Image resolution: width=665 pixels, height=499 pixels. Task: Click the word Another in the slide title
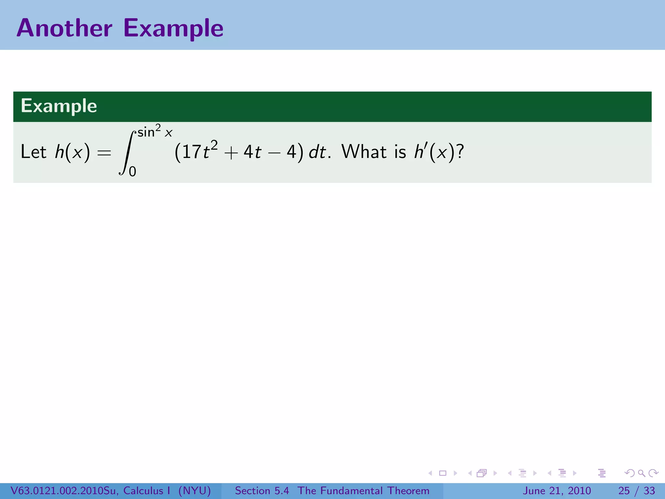point(64,28)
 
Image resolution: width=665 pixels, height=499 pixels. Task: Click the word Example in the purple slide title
point(173,29)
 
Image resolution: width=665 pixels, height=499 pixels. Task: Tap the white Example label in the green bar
point(59,106)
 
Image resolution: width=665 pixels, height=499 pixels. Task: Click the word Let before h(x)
point(33,152)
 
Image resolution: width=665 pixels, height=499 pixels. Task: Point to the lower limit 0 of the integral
point(132,172)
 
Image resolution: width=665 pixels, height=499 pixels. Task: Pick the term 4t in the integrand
point(252,152)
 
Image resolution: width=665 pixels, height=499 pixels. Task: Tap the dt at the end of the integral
point(317,152)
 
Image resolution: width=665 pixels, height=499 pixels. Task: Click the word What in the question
point(364,152)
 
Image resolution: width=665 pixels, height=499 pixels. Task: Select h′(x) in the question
point(435,152)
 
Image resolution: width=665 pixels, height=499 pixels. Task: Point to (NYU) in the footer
point(194,491)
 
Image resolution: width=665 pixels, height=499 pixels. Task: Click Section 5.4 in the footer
point(262,491)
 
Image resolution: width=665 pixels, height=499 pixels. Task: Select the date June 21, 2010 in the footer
point(557,491)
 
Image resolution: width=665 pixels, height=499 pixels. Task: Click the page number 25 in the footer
point(624,491)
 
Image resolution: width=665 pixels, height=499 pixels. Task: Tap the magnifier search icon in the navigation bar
point(641,473)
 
